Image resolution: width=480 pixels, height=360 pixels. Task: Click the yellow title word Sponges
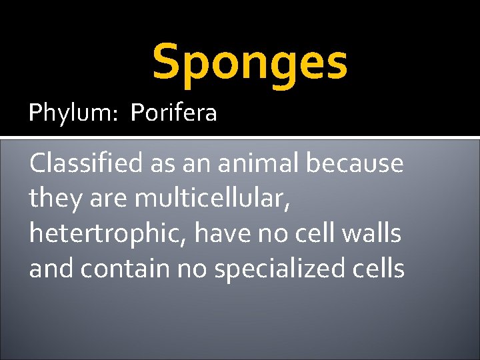[x=250, y=62]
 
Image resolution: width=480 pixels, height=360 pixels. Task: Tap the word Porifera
[x=174, y=113]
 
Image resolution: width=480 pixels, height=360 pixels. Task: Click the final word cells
[x=381, y=268]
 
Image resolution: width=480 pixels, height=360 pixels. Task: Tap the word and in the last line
[x=51, y=268]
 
